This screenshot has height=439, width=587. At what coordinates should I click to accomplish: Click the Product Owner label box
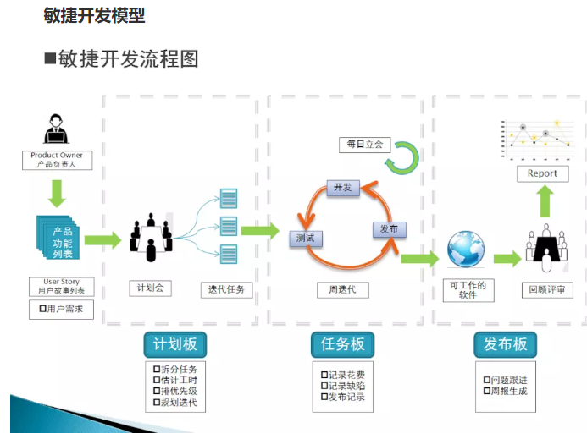click(56, 160)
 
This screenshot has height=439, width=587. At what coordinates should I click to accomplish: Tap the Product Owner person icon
click(56, 129)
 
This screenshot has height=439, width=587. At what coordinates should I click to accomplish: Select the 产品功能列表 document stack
click(58, 238)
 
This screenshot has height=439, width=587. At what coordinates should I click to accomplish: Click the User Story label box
click(57, 287)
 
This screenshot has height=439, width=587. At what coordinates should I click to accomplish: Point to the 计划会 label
click(150, 288)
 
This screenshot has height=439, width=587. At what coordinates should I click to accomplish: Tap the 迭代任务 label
click(226, 289)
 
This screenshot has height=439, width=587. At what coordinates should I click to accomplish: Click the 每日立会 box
click(361, 145)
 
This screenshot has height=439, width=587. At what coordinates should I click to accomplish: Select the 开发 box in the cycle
click(342, 188)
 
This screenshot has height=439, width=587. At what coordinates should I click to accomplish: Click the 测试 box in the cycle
click(306, 239)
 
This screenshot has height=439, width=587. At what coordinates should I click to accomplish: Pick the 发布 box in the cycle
click(389, 229)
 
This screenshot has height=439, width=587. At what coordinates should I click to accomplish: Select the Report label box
click(542, 173)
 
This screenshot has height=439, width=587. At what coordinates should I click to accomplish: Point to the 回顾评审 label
click(546, 289)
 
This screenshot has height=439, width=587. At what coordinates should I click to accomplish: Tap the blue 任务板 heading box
click(343, 344)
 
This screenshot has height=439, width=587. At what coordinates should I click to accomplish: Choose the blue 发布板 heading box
click(505, 345)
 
